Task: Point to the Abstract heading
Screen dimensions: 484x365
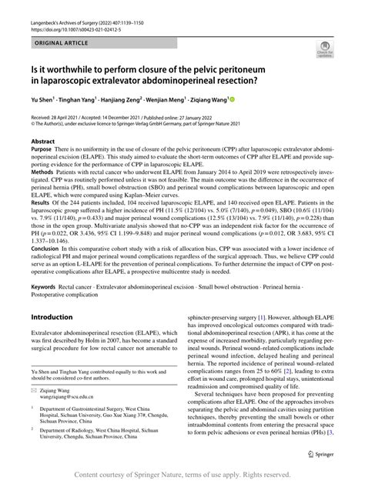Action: pos(42,142)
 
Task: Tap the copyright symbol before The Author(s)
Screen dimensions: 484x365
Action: pos(32,122)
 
